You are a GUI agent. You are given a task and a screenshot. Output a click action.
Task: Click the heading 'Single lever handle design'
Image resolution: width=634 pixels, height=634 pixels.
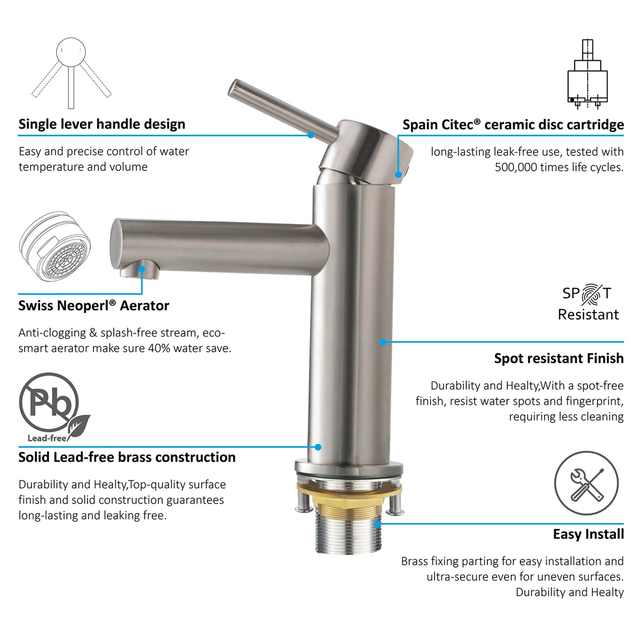click(x=102, y=124)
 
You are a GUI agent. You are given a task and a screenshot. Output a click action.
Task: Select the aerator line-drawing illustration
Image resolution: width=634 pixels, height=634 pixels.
click(x=55, y=246)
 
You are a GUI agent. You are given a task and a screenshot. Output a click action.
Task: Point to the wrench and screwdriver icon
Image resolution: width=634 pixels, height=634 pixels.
click(x=586, y=483)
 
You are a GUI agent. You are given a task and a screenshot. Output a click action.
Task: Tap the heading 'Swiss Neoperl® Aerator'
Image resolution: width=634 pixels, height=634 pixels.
click(x=94, y=306)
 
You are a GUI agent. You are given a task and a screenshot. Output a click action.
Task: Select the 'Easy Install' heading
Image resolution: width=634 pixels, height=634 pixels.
click(x=588, y=534)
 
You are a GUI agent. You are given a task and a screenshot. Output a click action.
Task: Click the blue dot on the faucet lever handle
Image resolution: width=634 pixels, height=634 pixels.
click(x=311, y=135)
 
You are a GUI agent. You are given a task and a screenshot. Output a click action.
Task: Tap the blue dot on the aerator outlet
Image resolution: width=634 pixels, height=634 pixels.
click(x=141, y=269)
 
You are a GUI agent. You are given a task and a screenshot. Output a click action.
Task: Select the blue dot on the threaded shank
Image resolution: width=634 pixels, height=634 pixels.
click(x=378, y=524)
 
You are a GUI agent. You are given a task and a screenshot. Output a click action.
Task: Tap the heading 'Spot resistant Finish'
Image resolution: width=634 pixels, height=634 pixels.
click(x=559, y=358)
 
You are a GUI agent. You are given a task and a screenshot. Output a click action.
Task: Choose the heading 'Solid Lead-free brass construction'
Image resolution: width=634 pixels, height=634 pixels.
click(x=127, y=457)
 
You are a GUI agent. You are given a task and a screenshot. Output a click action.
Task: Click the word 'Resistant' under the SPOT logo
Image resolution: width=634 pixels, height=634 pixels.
click(x=588, y=315)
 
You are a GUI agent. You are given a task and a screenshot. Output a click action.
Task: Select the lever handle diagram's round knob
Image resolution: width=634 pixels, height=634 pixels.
click(x=71, y=52)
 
